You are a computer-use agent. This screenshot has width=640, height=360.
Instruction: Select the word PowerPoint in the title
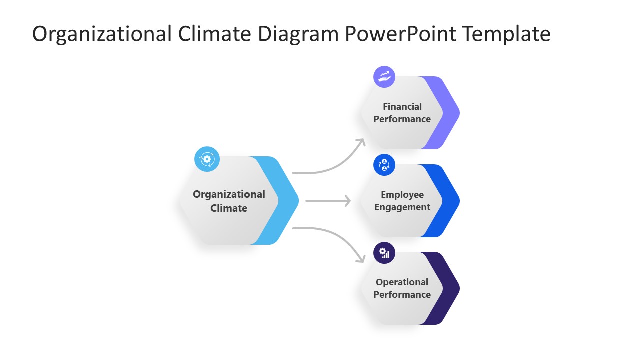[x=400, y=34]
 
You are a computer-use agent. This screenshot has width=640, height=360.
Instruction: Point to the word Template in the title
[x=506, y=34]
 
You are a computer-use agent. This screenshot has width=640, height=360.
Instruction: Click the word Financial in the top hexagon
[x=402, y=106]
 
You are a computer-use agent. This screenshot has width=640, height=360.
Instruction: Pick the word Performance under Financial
[x=402, y=119]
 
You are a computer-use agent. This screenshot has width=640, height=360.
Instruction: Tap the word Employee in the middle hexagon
[x=402, y=194]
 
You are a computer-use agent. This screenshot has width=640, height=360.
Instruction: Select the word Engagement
[x=402, y=207]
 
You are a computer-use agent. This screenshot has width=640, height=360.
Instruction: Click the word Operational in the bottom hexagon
[x=402, y=282]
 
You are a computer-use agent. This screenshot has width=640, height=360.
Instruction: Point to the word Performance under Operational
[x=402, y=294]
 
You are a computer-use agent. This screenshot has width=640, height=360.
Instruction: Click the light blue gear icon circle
[x=207, y=159]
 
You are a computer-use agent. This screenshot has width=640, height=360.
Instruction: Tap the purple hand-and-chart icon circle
[x=384, y=77]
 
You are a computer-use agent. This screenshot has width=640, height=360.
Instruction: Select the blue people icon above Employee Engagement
[x=384, y=165]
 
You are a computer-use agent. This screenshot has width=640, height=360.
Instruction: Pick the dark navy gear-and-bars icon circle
[x=384, y=252]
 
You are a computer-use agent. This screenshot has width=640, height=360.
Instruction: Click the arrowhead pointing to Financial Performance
[x=361, y=142]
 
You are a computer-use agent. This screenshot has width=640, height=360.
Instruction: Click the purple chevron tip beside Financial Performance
[x=450, y=113]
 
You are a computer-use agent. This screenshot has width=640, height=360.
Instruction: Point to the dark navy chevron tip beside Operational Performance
[x=450, y=288]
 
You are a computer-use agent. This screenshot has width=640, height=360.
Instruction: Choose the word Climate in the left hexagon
[x=229, y=208]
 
